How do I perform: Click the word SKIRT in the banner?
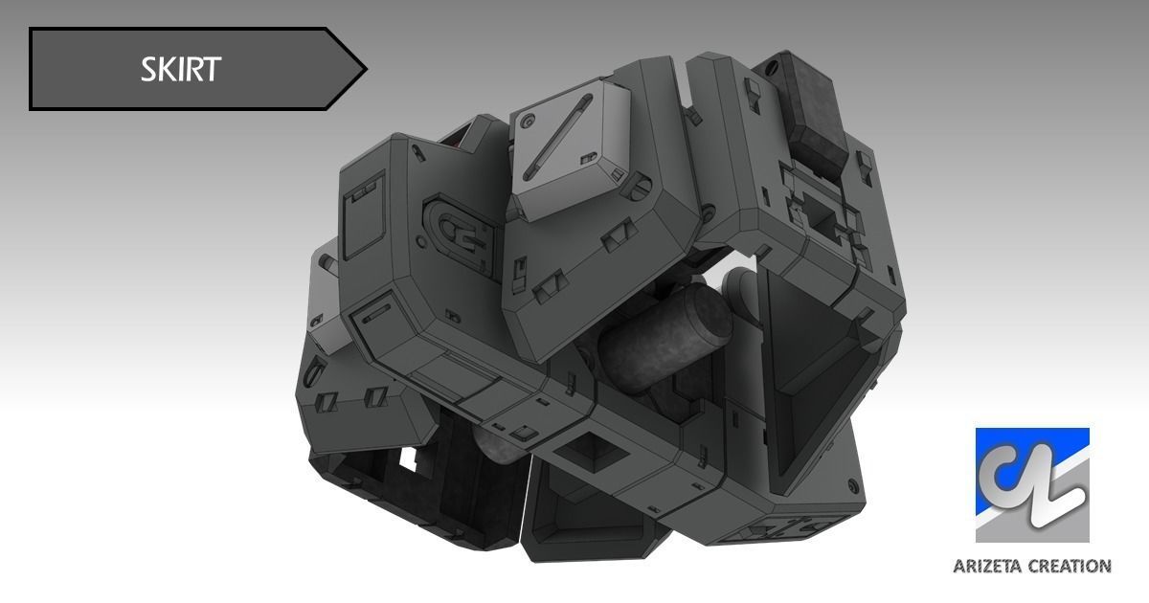[181, 69]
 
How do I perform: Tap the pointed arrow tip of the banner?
[362, 68]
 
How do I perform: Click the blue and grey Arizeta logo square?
[1032, 485]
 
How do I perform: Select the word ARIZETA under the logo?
[988, 567]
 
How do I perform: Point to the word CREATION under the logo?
[1069, 567]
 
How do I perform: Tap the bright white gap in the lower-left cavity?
[419, 461]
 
